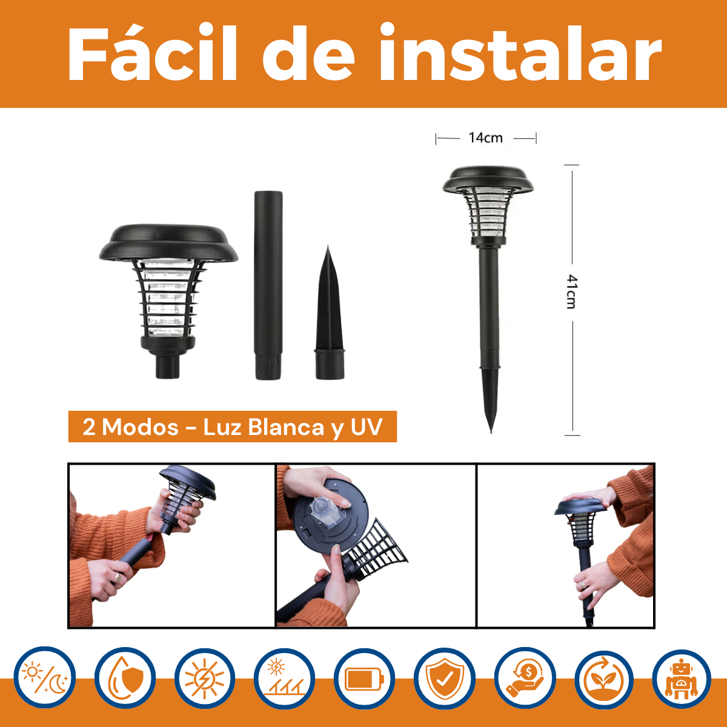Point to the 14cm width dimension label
(x=485, y=138)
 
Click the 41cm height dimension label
(x=572, y=291)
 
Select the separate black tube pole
(x=268, y=285)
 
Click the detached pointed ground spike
(x=330, y=313)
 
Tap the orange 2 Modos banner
(x=233, y=427)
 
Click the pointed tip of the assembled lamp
(x=491, y=433)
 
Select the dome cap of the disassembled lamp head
(x=168, y=242)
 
